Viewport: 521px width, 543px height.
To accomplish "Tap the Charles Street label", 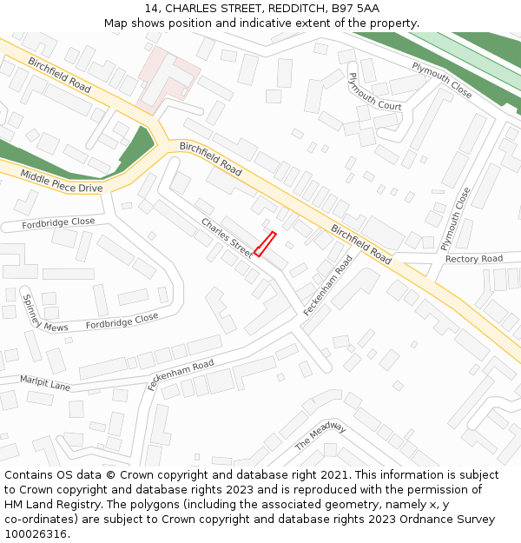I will coord(228,237).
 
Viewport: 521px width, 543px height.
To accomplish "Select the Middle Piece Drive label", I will coord(61,182).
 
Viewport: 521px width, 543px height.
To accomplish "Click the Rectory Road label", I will coord(473,259).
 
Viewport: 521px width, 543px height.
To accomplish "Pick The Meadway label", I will coord(320,435).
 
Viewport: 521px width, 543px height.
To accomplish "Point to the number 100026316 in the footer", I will coord(36,534).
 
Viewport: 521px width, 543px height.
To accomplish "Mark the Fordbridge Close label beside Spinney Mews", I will coord(122,322).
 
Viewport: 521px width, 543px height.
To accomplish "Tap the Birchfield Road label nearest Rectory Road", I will coord(360,244).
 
